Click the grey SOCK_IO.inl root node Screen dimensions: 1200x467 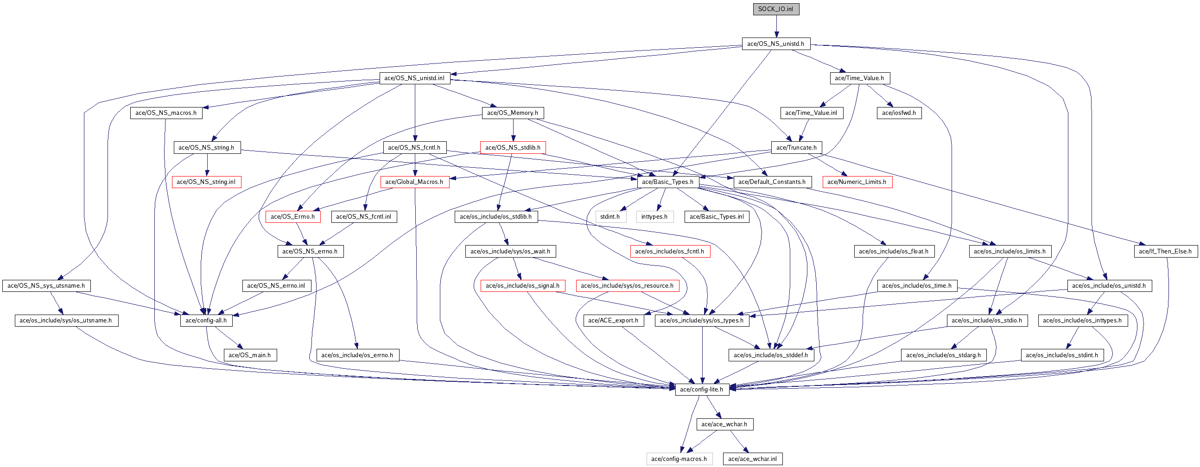[x=776, y=9]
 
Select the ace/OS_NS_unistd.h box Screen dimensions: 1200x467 [x=776, y=44]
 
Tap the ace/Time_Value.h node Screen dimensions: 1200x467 [x=859, y=78]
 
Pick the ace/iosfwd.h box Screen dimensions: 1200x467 [x=899, y=113]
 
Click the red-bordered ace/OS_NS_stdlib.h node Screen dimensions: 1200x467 [x=513, y=148]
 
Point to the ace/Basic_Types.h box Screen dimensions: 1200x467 [x=668, y=182]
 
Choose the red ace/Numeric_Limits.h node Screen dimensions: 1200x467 [x=857, y=182]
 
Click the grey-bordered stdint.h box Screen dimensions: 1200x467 [x=610, y=216]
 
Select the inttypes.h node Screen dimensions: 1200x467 [x=654, y=216]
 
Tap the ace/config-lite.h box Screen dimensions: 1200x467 [x=702, y=390]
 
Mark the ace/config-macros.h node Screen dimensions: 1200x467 [x=679, y=459]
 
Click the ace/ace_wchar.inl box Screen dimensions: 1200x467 [x=753, y=459]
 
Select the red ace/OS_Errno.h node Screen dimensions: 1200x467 [x=292, y=216]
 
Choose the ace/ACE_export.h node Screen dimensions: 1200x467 [x=614, y=320]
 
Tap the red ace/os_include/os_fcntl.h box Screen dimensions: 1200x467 [x=670, y=252]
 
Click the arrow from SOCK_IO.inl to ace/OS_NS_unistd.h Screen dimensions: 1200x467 [x=776, y=26]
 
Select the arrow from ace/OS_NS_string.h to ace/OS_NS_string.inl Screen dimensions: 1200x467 [x=207, y=165]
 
